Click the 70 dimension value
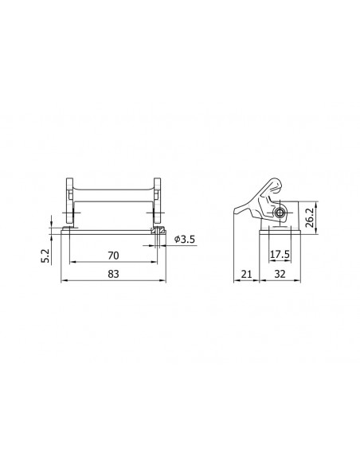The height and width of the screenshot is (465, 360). point(113,256)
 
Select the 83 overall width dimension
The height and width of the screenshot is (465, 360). point(113,274)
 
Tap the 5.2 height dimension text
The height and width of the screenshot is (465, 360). point(45,256)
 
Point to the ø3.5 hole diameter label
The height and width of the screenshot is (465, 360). point(185,239)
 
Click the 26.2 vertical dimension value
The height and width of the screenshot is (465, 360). point(310,217)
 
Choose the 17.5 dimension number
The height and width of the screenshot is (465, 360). point(280,255)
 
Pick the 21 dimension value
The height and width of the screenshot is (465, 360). point(246,274)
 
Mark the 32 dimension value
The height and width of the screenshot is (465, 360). point(280,274)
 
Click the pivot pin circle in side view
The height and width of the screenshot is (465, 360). point(279,213)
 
